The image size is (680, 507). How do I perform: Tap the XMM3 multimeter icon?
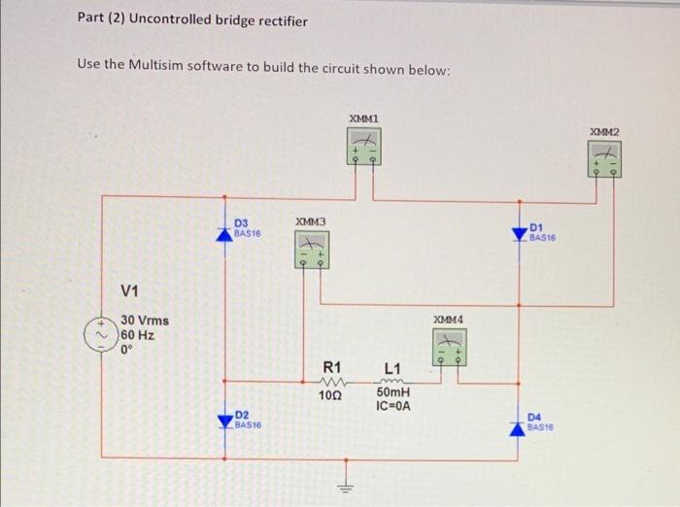click(x=310, y=250)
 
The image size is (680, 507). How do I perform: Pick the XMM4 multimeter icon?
click(x=449, y=347)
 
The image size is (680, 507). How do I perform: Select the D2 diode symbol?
click(x=225, y=419)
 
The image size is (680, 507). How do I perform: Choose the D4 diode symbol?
click(x=520, y=419)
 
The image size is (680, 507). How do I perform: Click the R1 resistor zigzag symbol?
click(x=331, y=382)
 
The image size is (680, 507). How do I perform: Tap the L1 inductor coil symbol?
click(x=392, y=381)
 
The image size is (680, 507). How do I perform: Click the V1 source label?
click(x=130, y=290)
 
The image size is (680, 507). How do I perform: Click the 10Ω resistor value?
click(x=331, y=395)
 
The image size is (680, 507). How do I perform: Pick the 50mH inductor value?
click(x=393, y=393)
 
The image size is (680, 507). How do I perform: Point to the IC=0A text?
click(x=392, y=406)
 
